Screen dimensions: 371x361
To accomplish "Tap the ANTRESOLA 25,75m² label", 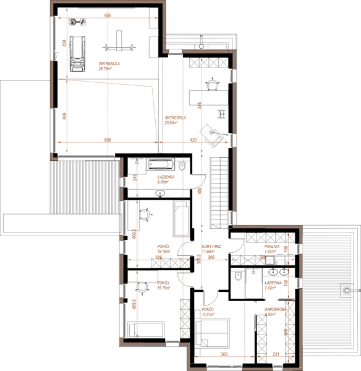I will click(109, 66).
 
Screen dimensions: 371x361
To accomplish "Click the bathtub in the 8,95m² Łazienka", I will click(161, 165).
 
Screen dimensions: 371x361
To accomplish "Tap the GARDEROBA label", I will click(274, 310).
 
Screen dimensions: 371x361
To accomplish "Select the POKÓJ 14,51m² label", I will click(208, 312).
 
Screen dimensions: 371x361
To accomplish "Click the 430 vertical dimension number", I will click(64, 43).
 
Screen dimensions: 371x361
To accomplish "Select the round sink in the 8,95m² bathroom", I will click(162, 193).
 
